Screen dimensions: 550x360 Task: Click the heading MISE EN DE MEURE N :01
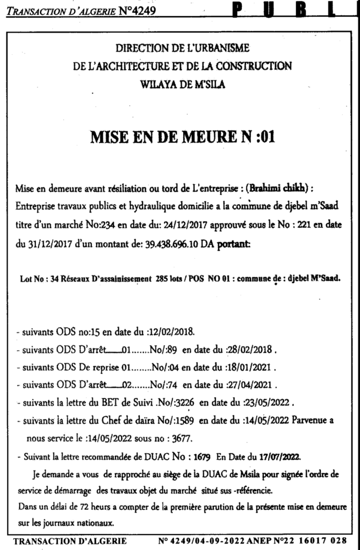pyautogui.click(x=183, y=137)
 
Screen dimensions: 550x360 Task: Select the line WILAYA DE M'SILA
pyautogui.click(x=183, y=84)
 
